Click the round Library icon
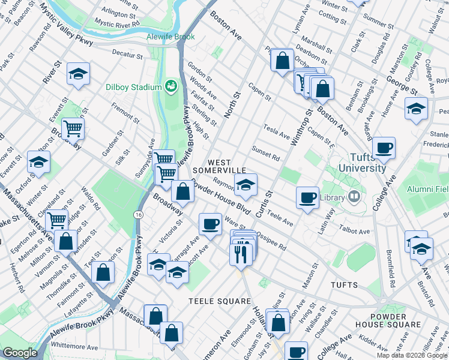point(354,197)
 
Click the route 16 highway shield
point(139,214)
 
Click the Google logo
point(20,353)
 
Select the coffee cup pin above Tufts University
point(384,147)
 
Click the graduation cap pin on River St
point(77,74)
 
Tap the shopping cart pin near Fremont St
point(73,128)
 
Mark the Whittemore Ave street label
point(74,347)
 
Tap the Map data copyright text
point(412,355)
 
